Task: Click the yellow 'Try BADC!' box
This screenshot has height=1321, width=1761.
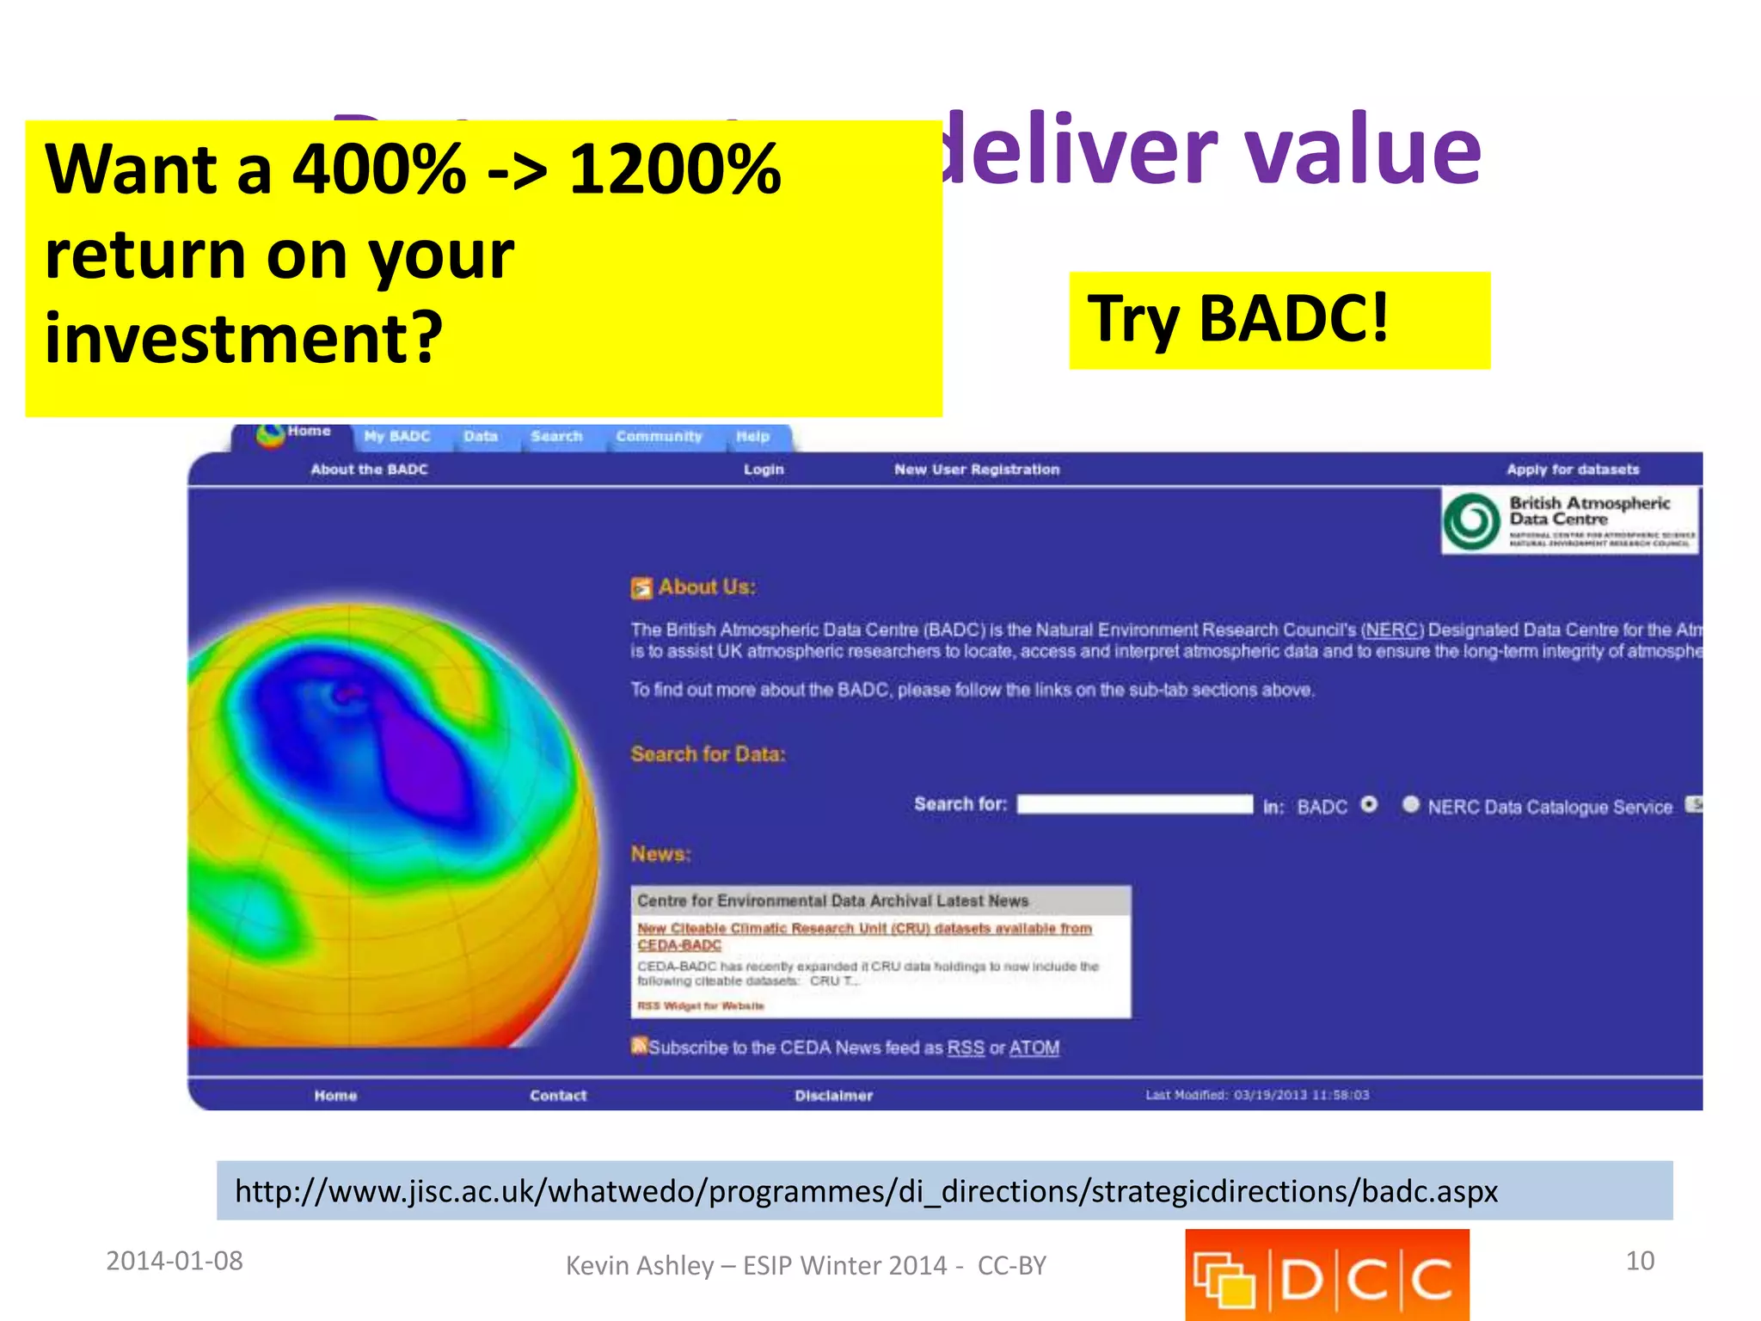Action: click(1279, 320)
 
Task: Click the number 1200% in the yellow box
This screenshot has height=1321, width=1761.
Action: click(675, 169)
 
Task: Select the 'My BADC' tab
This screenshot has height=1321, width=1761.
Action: click(396, 437)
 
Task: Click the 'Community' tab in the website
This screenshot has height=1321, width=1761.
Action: click(659, 437)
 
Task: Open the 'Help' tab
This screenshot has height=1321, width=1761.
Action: click(752, 437)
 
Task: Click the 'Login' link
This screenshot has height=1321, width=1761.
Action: click(764, 470)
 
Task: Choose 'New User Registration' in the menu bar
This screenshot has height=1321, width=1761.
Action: click(977, 470)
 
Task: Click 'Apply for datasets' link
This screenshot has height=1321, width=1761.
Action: click(1573, 470)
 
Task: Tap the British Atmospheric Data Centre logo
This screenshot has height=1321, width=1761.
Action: click(1569, 520)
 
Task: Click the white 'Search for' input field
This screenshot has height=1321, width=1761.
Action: click(1134, 805)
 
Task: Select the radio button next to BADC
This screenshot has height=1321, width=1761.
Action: click(1369, 805)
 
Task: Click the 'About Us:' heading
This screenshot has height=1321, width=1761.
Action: click(706, 587)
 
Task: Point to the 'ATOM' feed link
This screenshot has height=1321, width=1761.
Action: click(1034, 1048)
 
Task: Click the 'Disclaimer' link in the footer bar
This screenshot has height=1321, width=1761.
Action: click(833, 1096)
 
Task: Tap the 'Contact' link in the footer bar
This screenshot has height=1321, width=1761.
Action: click(558, 1096)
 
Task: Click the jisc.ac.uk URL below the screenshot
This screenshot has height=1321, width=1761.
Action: click(866, 1191)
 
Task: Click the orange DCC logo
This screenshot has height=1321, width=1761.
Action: click(1327, 1275)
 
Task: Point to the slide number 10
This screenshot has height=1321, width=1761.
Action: click(1640, 1261)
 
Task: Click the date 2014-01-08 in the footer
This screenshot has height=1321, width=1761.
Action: click(175, 1261)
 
